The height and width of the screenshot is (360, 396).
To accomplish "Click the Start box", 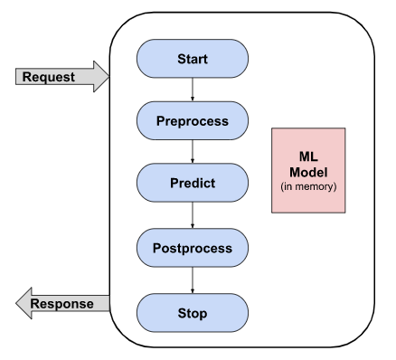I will (192, 60).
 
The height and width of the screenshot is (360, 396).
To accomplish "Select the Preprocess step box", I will (192, 120).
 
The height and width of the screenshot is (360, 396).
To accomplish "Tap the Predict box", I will (192, 183).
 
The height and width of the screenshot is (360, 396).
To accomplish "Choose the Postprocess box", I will (192, 248).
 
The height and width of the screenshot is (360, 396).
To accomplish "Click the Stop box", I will (192, 313).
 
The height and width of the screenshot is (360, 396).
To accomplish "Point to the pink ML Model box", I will (308, 169).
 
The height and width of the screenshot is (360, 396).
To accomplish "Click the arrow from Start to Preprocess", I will (192, 90).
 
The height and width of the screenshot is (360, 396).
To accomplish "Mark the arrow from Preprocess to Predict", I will (192, 151).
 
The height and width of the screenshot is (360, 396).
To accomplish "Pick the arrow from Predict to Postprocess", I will (192, 215).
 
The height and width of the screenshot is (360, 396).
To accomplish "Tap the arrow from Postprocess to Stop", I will (192, 280).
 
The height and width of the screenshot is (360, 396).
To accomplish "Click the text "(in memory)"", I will (308, 187).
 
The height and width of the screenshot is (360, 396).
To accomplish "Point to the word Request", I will (50, 78).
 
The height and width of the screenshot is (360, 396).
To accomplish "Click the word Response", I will (62, 304).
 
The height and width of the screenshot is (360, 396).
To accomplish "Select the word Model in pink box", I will (308, 172).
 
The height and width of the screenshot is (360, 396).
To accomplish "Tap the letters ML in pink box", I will (308, 156).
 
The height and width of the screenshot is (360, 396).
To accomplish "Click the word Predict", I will (192, 183).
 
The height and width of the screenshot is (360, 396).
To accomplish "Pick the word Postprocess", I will (192, 248).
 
